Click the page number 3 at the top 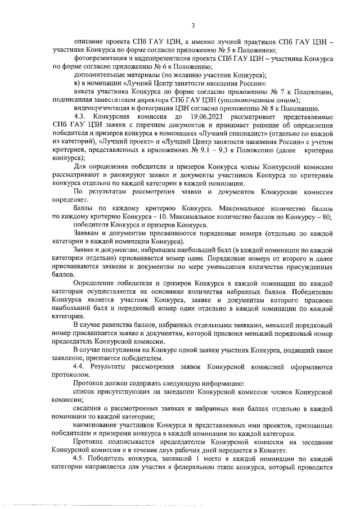(x=193, y=25)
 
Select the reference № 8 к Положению (x=290, y=109)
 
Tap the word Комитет (x=273, y=449)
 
